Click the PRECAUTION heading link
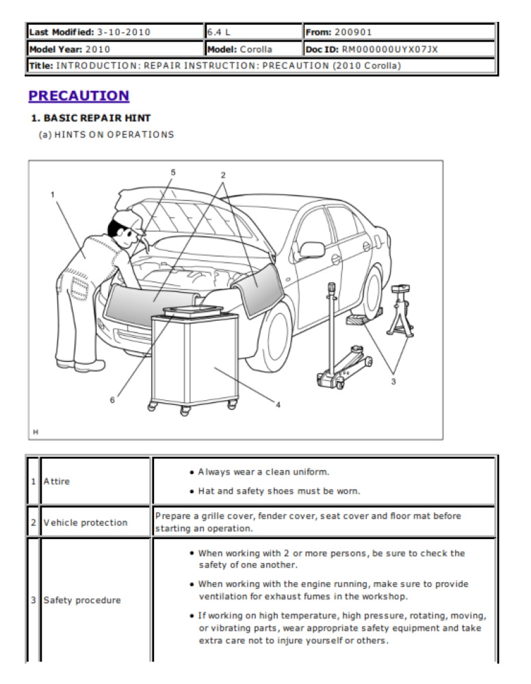[x=79, y=96]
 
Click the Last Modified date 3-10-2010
[x=123, y=32]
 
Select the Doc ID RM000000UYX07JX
[x=390, y=49]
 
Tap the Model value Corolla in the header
[x=256, y=49]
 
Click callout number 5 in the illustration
[x=173, y=172]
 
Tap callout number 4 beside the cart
[x=278, y=405]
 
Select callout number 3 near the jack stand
[x=393, y=381]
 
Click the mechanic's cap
[x=127, y=220]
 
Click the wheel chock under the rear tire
[x=360, y=319]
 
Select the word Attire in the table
[x=57, y=481]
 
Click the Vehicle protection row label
[x=86, y=523]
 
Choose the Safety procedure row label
[x=82, y=600]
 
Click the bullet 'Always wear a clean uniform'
[x=263, y=472]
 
